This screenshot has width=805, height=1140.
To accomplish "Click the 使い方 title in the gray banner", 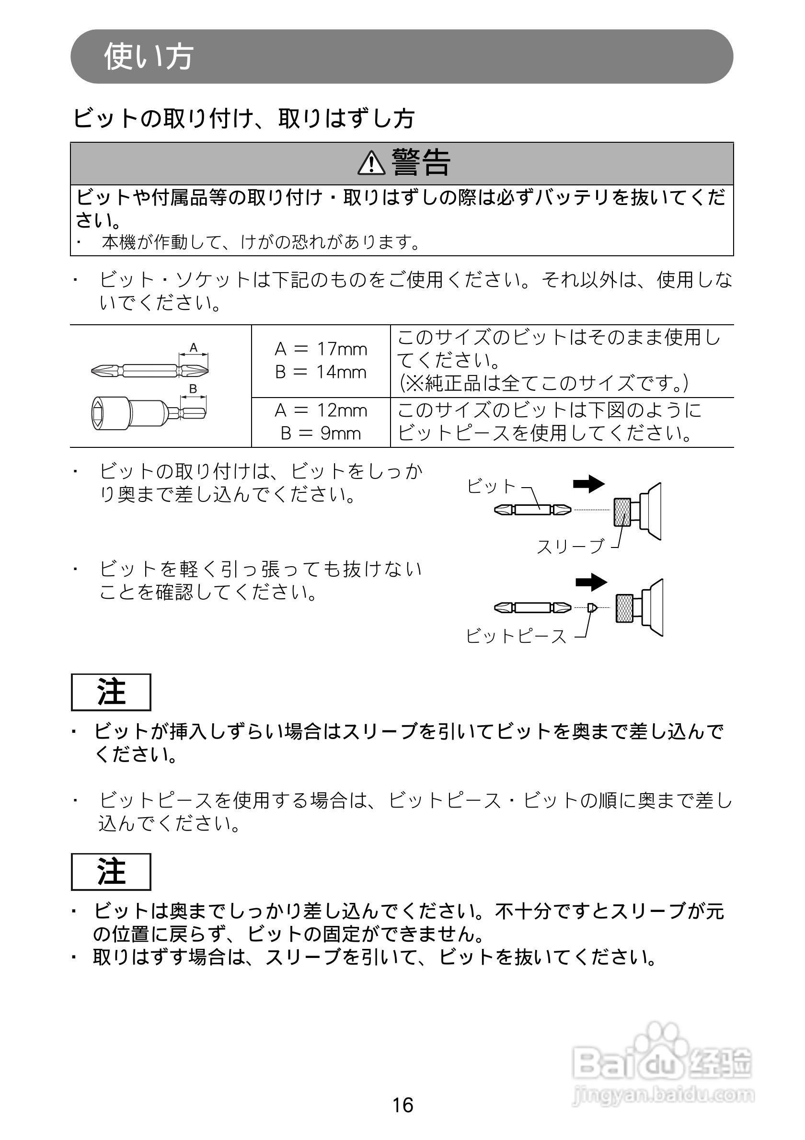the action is point(149,56).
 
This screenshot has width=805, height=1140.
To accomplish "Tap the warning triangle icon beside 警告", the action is point(371,163).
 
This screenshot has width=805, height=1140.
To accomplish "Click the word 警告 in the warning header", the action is point(421,162).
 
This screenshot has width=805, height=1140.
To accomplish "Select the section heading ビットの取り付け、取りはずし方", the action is point(244,118).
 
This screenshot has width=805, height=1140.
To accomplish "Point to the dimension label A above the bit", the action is point(194,348).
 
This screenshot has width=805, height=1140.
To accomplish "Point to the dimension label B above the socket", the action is point(194,389).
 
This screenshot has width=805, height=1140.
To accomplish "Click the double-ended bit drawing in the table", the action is point(150,370).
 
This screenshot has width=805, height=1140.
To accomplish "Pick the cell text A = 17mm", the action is point(321,349).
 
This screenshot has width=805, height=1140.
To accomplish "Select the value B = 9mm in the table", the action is point(321,433).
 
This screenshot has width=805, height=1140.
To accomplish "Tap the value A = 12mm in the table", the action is point(321,410).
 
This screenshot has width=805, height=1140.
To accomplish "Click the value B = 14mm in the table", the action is point(321,372).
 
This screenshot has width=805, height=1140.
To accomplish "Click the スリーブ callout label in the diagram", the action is point(571,546).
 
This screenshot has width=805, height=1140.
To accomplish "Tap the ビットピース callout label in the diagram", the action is point(516,636).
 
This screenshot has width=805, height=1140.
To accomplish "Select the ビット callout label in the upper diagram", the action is point(492,486).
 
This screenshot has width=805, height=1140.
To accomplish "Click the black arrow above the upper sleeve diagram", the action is point(589,484).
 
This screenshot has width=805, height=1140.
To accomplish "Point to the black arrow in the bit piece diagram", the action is point(591,582).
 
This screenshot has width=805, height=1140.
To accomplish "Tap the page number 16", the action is point(403,1105).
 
